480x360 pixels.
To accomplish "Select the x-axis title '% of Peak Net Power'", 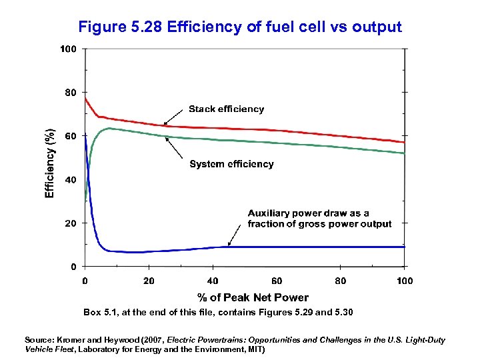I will pos(253,297).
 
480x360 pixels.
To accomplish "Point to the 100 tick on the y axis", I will pos(68,49).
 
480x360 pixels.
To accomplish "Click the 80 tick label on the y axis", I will pos(70,93).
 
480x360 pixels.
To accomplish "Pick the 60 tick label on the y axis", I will pos(70,136).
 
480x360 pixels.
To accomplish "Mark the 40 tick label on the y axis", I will pos(70,180).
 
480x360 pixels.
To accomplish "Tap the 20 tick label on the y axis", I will pos(70,223).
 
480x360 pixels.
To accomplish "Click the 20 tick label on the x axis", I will pos(149,281).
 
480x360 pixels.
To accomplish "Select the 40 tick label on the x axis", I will pos(213,281).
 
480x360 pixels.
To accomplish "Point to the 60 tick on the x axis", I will pos(277,281).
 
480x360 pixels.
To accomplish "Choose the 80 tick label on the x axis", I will pos(341,281).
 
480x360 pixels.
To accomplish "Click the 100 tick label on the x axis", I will pos(405,281).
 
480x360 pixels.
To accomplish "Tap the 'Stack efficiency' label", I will pos(226,109).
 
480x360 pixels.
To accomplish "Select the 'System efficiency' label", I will pos(231,164).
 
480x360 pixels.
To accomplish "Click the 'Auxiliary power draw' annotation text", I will pos(319,219).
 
